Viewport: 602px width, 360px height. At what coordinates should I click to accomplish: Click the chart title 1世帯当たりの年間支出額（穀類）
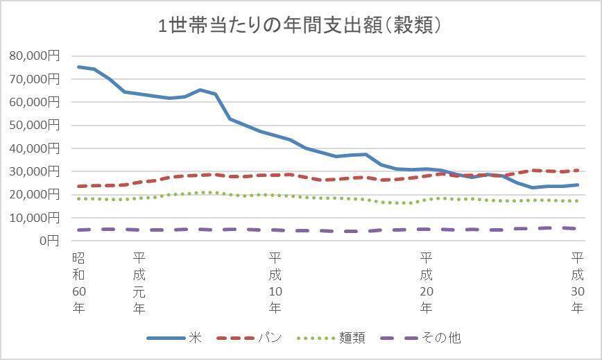(x=300, y=27)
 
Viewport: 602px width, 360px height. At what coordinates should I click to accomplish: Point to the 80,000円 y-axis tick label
(x=35, y=56)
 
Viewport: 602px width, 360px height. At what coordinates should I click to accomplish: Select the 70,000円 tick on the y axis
(x=35, y=79)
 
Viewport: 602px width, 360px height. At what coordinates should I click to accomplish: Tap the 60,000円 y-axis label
(x=35, y=102)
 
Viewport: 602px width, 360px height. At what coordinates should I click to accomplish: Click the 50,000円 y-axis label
(x=35, y=126)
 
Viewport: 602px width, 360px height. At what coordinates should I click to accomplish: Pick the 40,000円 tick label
(x=35, y=148)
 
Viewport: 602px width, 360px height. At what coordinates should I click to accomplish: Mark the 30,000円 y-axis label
(x=35, y=171)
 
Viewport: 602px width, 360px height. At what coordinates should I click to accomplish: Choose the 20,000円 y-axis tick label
(x=35, y=195)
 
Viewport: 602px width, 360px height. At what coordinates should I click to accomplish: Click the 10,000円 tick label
(x=35, y=218)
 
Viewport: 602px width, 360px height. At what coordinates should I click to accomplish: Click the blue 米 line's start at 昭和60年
(x=78, y=67)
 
